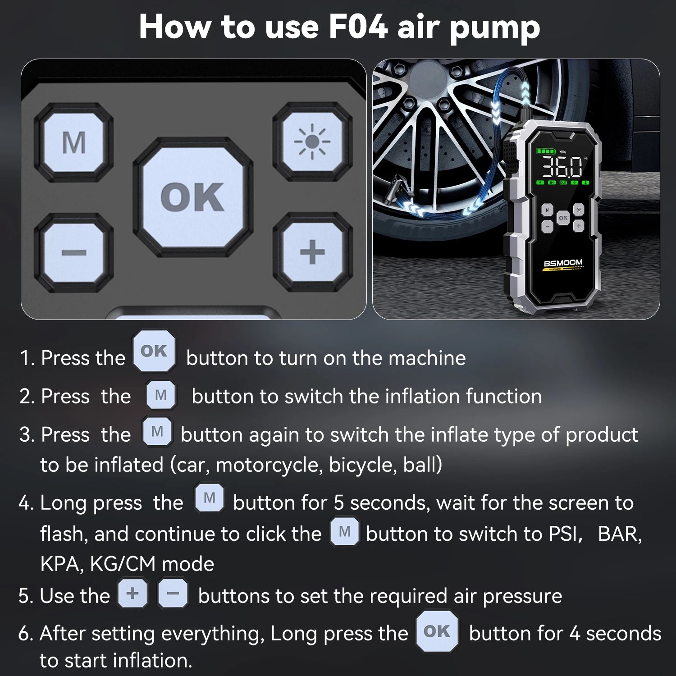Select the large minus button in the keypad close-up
(74, 252)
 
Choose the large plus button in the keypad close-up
(312, 252)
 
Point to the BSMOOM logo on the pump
(563, 263)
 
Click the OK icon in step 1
(154, 351)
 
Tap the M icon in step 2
(161, 395)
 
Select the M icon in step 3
(157, 432)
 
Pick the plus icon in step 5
(132, 594)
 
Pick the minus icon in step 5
(173, 594)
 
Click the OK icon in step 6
(437, 631)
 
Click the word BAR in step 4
(619, 534)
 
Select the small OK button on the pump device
(563, 218)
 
